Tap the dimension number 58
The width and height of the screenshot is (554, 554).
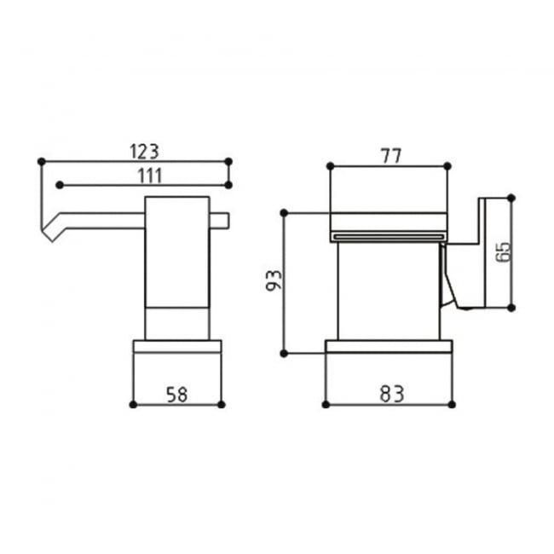click(x=177, y=393)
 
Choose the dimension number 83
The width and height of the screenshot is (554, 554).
click(x=390, y=393)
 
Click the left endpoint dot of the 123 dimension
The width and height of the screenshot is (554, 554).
click(x=40, y=160)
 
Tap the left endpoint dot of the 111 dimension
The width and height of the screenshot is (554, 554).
click(x=59, y=184)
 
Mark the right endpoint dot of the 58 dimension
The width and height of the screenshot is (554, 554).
click(x=221, y=404)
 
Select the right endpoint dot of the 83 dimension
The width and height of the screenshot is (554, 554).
click(x=452, y=404)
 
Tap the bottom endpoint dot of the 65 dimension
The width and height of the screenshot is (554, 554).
click(x=511, y=307)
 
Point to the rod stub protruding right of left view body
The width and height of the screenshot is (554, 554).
click(x=220, y=222)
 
